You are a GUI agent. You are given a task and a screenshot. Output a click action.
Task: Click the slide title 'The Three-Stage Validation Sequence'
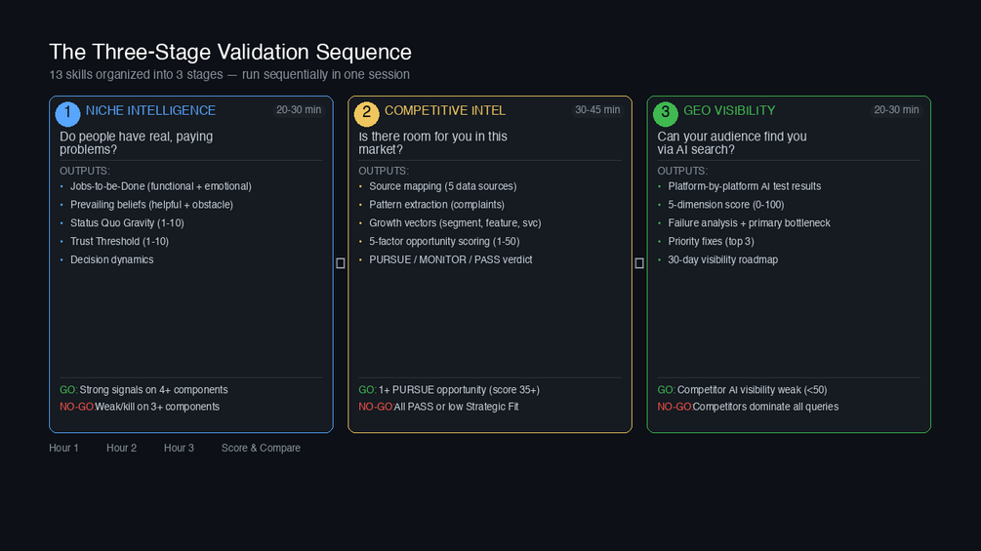coord(230,52)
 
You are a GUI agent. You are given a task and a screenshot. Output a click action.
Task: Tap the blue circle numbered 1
coord(67,113)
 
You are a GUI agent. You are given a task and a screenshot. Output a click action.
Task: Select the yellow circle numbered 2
coord(366,113)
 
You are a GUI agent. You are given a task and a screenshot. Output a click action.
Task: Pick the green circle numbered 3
coord(665,113)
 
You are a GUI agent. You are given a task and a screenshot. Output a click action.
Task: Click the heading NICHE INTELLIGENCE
coord(150,111)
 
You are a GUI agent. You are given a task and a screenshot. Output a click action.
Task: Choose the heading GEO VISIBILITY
coord(729,111)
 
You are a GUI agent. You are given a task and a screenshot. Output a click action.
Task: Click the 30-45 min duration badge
coord(597,110)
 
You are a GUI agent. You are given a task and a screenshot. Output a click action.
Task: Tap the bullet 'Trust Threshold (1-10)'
coord(119,242)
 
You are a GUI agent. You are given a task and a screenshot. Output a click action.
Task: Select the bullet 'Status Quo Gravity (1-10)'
coord(127,223)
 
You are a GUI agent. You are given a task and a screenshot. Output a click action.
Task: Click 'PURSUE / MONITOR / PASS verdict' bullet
coord(450,260)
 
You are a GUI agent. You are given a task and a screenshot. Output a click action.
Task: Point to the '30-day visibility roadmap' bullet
coord(722,260)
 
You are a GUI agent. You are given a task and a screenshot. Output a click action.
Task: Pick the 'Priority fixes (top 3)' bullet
coord(711,242)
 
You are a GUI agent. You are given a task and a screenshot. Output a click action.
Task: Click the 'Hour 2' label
coord(121,449)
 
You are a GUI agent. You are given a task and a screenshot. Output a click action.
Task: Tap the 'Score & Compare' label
coord(261,449)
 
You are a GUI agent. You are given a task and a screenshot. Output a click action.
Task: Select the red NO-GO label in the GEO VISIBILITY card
coord(674,407)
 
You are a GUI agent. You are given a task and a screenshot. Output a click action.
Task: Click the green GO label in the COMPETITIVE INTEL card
coord(367,390)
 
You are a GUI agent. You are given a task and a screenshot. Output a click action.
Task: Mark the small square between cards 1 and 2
coord(341,263)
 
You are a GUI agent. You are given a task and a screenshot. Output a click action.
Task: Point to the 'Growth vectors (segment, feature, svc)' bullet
coord(455,223)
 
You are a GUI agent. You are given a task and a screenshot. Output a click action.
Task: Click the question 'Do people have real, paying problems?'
coord(137,143)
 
